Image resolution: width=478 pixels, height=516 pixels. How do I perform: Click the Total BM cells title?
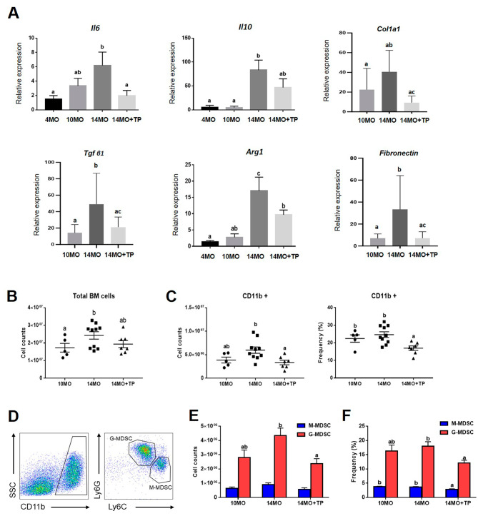(65, 313)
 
